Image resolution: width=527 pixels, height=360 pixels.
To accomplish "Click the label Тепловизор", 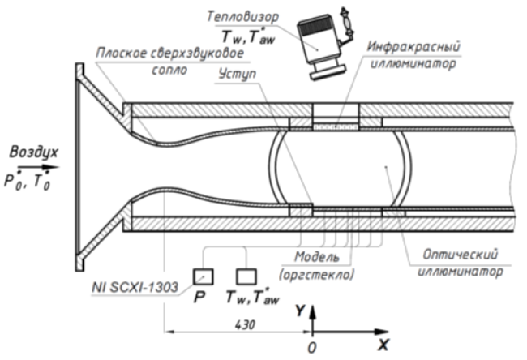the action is [x=242, y=16].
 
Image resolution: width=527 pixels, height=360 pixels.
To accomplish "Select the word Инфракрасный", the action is [x=413, y=46].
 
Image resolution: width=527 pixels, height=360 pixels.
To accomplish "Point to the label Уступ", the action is [x=238, y=74].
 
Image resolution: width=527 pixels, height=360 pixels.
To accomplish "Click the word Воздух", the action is [x=33, y=152].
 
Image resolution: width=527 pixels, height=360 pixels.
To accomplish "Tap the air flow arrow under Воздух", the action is [x=38, y=167].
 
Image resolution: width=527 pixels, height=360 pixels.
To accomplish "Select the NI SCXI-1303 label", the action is [x=135, y=287].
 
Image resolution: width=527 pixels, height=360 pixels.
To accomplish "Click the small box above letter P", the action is [x=203, y=277].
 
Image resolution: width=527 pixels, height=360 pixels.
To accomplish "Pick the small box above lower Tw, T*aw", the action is [x=246, y=277].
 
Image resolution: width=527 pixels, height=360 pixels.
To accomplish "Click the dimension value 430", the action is [x=245, y=324].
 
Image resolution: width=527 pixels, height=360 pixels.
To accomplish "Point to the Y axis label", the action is [x=300, y=311].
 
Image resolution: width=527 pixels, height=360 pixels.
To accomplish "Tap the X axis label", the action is [x=383, y=345].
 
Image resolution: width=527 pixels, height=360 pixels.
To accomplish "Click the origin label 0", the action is [x=312, y=348].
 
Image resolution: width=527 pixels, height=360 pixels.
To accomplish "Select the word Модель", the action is [x=317, y=257].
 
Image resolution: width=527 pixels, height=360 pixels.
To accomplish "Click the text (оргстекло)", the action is [x=316, y=275].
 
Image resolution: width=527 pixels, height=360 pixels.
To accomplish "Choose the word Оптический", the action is [x=461, y=255].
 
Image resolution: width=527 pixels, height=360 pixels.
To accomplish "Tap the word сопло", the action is [x=169, y=70].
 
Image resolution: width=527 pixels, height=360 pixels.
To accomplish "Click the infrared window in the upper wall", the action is [x=336, y=127].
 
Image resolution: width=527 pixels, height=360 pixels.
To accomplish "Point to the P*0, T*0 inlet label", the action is [x=28, y=181].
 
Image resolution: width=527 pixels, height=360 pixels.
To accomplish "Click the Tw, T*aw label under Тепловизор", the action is [x=248, y=36].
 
